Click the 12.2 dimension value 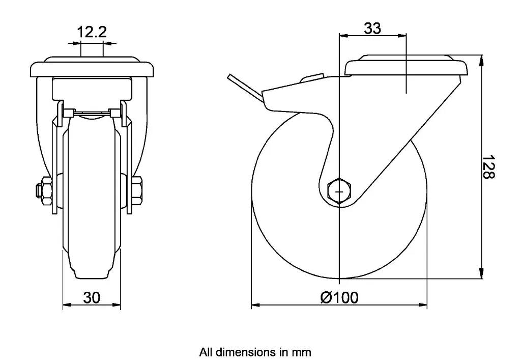(92, 33)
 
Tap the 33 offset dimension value (372, 29)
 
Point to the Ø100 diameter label (339, 297)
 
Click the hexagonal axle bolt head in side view (339, 191)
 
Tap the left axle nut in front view (44, 189)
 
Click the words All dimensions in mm (255, 352)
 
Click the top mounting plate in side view (407, 66)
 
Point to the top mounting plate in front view (92, 68)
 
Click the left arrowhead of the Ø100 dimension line (254, 306)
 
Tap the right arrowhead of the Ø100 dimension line (424, 306)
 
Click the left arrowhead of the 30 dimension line (65, 306)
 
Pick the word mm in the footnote (302, 352)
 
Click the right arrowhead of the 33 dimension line (404, 36)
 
